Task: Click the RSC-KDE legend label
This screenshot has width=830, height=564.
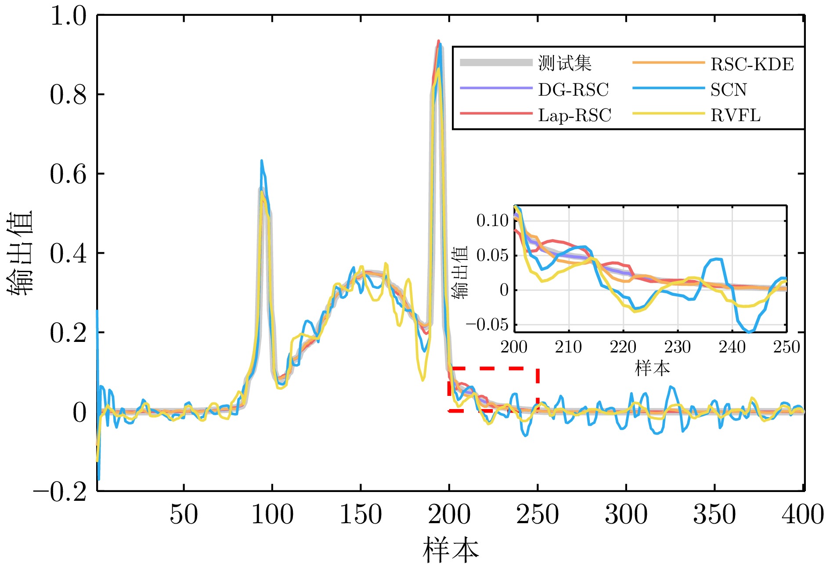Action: pos(752,65)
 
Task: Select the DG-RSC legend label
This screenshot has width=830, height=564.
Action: pos(573,90)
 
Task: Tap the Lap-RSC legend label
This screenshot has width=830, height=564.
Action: pos(574,115)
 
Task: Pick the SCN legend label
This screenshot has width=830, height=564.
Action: pos(728,90)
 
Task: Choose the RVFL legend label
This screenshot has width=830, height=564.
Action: pos(735,115)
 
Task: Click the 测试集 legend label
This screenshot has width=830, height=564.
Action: pos(565,64)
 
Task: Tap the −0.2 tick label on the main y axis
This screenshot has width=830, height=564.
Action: pos(60,492)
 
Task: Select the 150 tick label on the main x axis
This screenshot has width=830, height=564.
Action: pos(361,514)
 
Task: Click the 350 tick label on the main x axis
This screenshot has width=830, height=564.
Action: pos(715,514)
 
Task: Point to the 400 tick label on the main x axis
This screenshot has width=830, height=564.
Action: pos(803,514)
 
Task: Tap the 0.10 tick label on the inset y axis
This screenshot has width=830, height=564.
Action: pos(492,220)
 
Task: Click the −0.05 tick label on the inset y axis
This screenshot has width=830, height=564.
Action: pos(487,325)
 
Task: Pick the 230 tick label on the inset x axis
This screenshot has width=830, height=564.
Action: pos(677,347)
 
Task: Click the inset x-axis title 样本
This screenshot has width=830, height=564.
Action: pos(652,368)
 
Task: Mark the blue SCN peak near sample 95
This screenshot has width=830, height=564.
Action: pos(261,161)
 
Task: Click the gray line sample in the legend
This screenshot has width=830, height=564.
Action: pos(496,63)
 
